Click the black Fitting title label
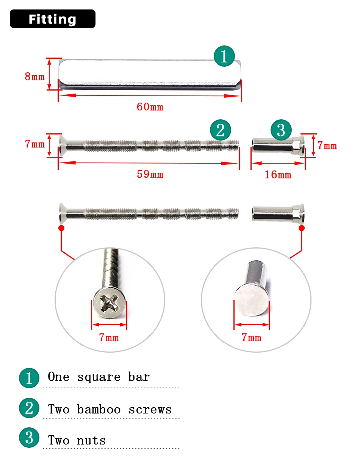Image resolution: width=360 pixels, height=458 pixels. [x=52, y=19]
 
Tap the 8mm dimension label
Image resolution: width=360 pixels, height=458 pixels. [x=34, y=77]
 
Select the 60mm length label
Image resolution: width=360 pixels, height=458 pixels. [x=150, y=107]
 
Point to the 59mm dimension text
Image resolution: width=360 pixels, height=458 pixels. [x=150, y=175]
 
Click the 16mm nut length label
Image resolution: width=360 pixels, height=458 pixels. [x=278, y=175]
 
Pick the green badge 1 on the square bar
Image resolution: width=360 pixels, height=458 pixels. [x=224, y=56]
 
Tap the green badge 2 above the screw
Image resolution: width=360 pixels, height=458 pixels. [x=221, y=130]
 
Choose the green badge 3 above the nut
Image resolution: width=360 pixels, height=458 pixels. [x=281, y=130]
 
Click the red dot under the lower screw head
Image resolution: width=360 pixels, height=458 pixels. [x=61, y=228]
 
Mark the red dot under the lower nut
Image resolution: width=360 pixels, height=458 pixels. [x=302, y=228]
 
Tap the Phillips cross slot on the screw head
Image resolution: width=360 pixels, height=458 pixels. [x=109, y=302]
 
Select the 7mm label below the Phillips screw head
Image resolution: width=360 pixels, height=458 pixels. [x=109, y=338]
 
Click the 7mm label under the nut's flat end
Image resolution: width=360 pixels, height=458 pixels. [x=252, y=338]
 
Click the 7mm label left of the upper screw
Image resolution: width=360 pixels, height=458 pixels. [x=35, y=144]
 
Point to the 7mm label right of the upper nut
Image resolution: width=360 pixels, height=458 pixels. [x=327, y=145]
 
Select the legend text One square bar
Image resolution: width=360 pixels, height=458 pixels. [x=99, y=377]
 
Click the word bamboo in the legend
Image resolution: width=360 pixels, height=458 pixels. [x=99, y=410]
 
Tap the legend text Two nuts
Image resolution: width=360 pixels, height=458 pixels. [x=77, y=441]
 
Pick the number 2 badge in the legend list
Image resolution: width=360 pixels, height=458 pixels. [x=29, y=408]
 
